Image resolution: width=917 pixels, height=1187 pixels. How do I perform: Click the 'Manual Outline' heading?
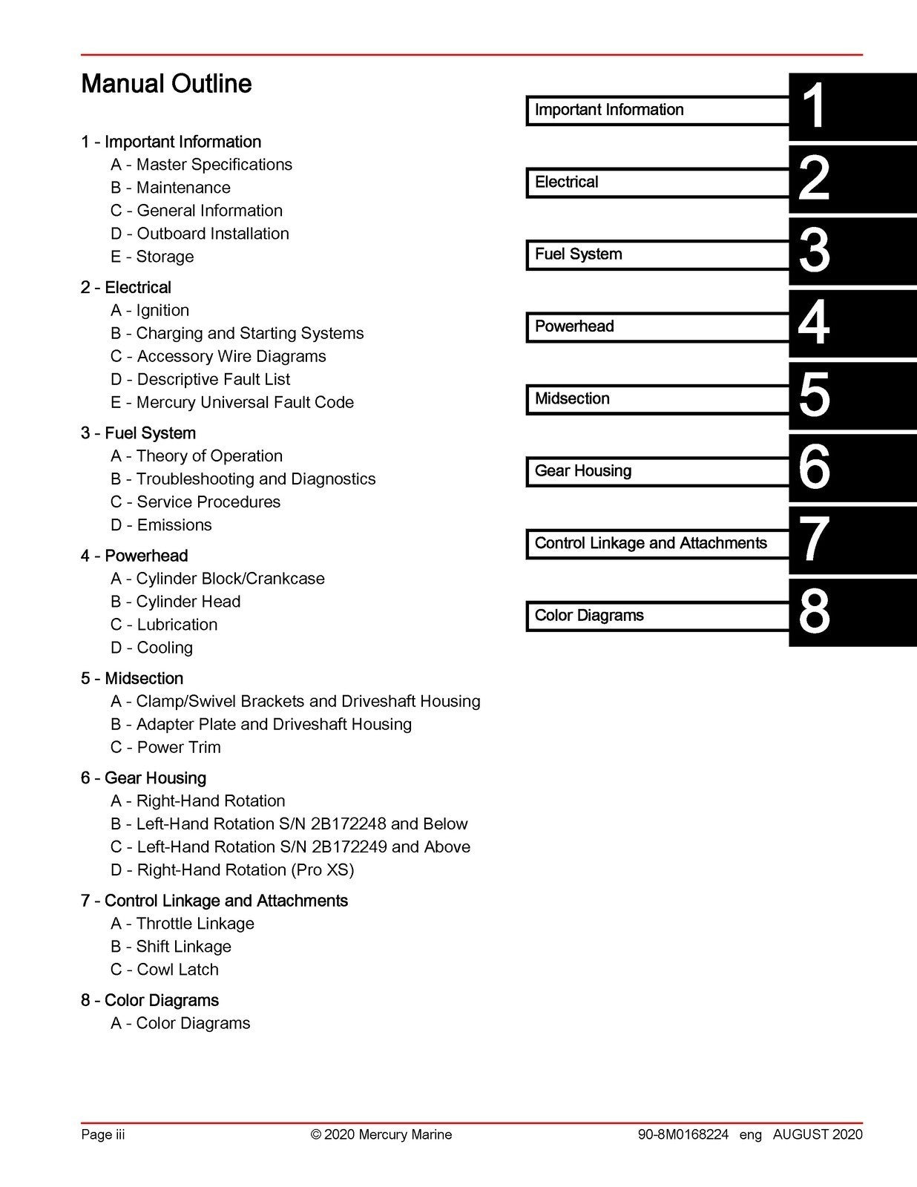[x=166, y=83]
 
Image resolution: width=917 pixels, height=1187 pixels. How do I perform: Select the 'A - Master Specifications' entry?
[x=201, y=165]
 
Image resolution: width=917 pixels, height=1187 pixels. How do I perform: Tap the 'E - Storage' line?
[x=152, y=257]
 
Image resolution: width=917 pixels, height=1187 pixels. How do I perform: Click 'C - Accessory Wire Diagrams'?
[x=218, y=356]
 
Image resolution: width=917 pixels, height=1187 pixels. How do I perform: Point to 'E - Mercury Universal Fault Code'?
[x=232, y=402]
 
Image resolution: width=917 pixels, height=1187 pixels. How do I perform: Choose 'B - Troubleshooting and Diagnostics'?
[x=243, y=479]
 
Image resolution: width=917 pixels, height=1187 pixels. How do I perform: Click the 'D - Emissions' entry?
[x=161, y=525]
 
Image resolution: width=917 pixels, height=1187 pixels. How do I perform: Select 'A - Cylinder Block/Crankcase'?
[x=217, y=579]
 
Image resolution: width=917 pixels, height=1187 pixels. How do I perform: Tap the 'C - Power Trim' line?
[x=165, y=747]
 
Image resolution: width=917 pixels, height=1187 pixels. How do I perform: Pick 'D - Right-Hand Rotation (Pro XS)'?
[x=232, y=870]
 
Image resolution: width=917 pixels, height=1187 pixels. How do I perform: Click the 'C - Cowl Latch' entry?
[x=165, y=970]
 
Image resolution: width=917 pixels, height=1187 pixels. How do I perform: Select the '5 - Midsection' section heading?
[x=132, y=678]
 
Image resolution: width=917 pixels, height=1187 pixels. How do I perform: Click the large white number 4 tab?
[x=814, y=323]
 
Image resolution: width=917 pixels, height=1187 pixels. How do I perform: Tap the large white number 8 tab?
[x=814, y=612]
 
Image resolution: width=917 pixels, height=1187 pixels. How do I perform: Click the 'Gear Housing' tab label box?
[x=657, y=471]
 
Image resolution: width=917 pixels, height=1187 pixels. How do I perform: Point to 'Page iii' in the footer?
[x=103, y=1134]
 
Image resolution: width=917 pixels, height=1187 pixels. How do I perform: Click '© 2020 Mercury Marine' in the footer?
[x=381, y=1134]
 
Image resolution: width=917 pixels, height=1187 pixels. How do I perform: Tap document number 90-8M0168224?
[x=683, y=1134]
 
